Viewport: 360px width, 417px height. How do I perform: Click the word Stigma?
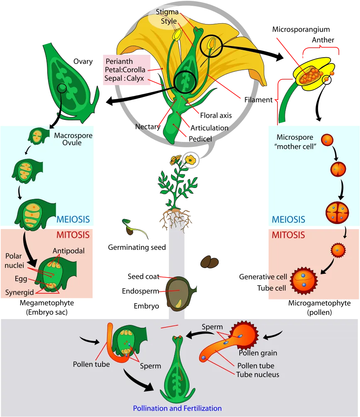click(x=167, y=12)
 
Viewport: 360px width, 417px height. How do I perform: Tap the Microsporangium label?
click(x=301, y=29)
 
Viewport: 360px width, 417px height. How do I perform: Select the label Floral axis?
click(x=216, y=115)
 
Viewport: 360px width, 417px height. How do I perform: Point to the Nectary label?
click(x=148, y=127)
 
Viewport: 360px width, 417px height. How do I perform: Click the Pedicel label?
click(x=200, y=139)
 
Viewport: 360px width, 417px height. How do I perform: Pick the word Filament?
click(x=258, y=100)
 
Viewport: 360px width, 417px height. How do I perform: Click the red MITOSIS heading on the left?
click(x=73, y=235)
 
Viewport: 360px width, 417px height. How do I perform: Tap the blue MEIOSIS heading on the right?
click(x=288, y=219)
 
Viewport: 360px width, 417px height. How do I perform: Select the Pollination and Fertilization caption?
click(x=178, y=408)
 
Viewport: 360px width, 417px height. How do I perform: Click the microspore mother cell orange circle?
click(x=327, y=140)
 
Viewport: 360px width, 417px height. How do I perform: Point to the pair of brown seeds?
click(x=209, y=262)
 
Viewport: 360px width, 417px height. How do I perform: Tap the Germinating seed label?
click(x=137, y=247)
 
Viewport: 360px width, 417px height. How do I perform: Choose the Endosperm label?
click(x=140, y=291)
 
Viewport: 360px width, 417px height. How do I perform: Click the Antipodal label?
click(x=68, y=251)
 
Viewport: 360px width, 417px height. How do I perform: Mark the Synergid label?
click(x=19, y=292)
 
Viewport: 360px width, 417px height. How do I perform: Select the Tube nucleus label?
click(x=258, y=374)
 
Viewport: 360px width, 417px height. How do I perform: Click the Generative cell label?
click(x=263, y=277)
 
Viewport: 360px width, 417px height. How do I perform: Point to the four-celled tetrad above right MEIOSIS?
click(x=337, y=213)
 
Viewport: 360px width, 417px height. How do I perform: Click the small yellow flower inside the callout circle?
click(x=190, y=160)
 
